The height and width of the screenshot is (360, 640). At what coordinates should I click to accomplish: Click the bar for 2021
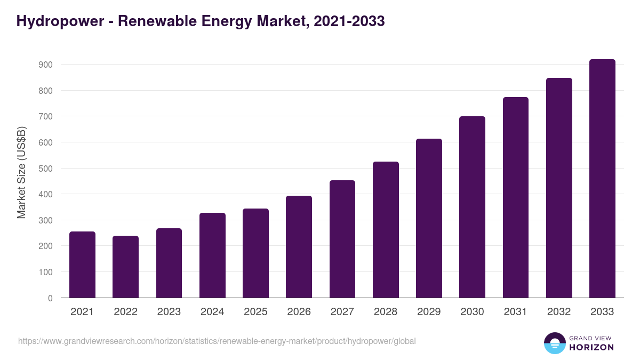(x=82, y=265)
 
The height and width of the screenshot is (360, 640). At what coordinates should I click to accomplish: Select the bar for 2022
(x=125, y=267)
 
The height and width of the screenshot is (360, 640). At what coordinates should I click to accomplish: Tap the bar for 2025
(x=255, y=253)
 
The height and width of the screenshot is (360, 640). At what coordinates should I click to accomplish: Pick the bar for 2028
(x=386, y=229)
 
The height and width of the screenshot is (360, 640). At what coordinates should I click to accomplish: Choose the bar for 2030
(x=472, y=207)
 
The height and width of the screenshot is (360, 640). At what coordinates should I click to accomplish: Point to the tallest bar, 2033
(x=602, y=178)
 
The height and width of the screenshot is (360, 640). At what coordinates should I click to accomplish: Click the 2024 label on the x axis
(x=212, y=312)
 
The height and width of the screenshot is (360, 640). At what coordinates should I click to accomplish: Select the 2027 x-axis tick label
(x=342, y=312)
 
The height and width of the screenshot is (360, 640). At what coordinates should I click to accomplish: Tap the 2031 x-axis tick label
(x=516, y=312)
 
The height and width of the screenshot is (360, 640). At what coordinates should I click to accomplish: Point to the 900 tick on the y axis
(x=45, y=65)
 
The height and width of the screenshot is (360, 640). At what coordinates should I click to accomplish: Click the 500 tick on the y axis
(x=45, y=169)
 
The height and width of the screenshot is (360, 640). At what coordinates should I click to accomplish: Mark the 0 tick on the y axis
(x=50, y=298)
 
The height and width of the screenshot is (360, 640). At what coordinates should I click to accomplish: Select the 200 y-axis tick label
(x=45, y=246)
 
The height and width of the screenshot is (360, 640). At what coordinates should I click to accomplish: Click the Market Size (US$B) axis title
(x=21, y=172)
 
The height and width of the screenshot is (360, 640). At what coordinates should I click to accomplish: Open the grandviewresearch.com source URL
(x=217, y=341)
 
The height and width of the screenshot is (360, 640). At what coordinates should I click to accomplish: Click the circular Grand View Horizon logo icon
(x=554, y=343)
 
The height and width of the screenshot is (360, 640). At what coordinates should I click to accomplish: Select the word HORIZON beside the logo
(x=591, y=347)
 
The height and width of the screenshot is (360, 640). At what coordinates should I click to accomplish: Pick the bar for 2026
(x=299, y=246)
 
